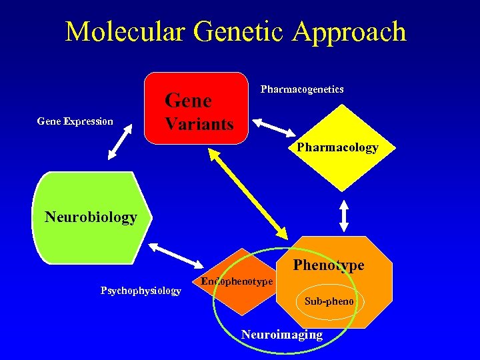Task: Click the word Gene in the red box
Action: click(x=188, y=101)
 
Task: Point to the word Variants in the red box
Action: click(x=199, y=124)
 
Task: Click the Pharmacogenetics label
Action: click(x=302, y=89)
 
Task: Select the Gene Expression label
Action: click(x=75, y=121)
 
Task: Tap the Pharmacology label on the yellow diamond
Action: click(x=337, y=147)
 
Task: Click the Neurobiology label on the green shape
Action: click(x=91, y=217)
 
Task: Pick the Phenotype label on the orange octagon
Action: click(x=329, y=265)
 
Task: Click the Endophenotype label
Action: click(x=237, y=281)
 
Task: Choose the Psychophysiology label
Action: click(x=141, y=290)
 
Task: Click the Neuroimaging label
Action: click(x=281, y=335)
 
